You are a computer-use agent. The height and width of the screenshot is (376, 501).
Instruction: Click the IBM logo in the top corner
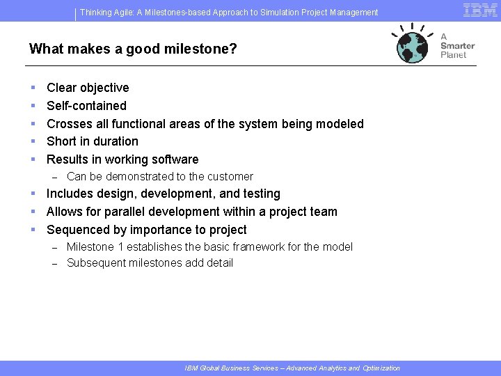[x=480, y=10]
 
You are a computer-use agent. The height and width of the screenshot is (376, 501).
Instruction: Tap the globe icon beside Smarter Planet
[x=413, y=45]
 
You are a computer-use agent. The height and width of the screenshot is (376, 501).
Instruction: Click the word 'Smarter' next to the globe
[x=457, y=46]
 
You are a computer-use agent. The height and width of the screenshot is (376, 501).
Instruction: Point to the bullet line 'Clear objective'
[x=88, y=88]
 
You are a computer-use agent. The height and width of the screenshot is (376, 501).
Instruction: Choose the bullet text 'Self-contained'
[x=86, y=106]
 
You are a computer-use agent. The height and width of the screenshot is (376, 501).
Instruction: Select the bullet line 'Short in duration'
[x=93, y=141]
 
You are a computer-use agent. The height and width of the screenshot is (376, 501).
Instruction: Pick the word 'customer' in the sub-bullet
[x=231, y=177]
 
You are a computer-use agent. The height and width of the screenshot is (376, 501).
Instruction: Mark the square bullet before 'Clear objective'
[x=33, y=88]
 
